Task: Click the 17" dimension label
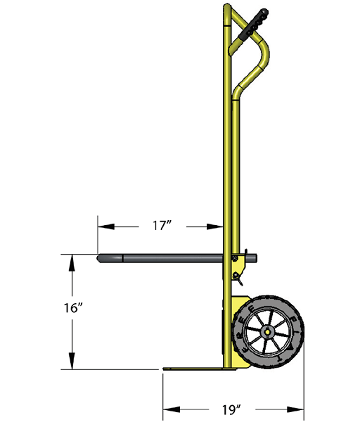tap(162, 226)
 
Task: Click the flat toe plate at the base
tap(193, 369)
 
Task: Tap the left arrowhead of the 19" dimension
tap(169, 409)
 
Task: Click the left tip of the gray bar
tap(100, 258)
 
